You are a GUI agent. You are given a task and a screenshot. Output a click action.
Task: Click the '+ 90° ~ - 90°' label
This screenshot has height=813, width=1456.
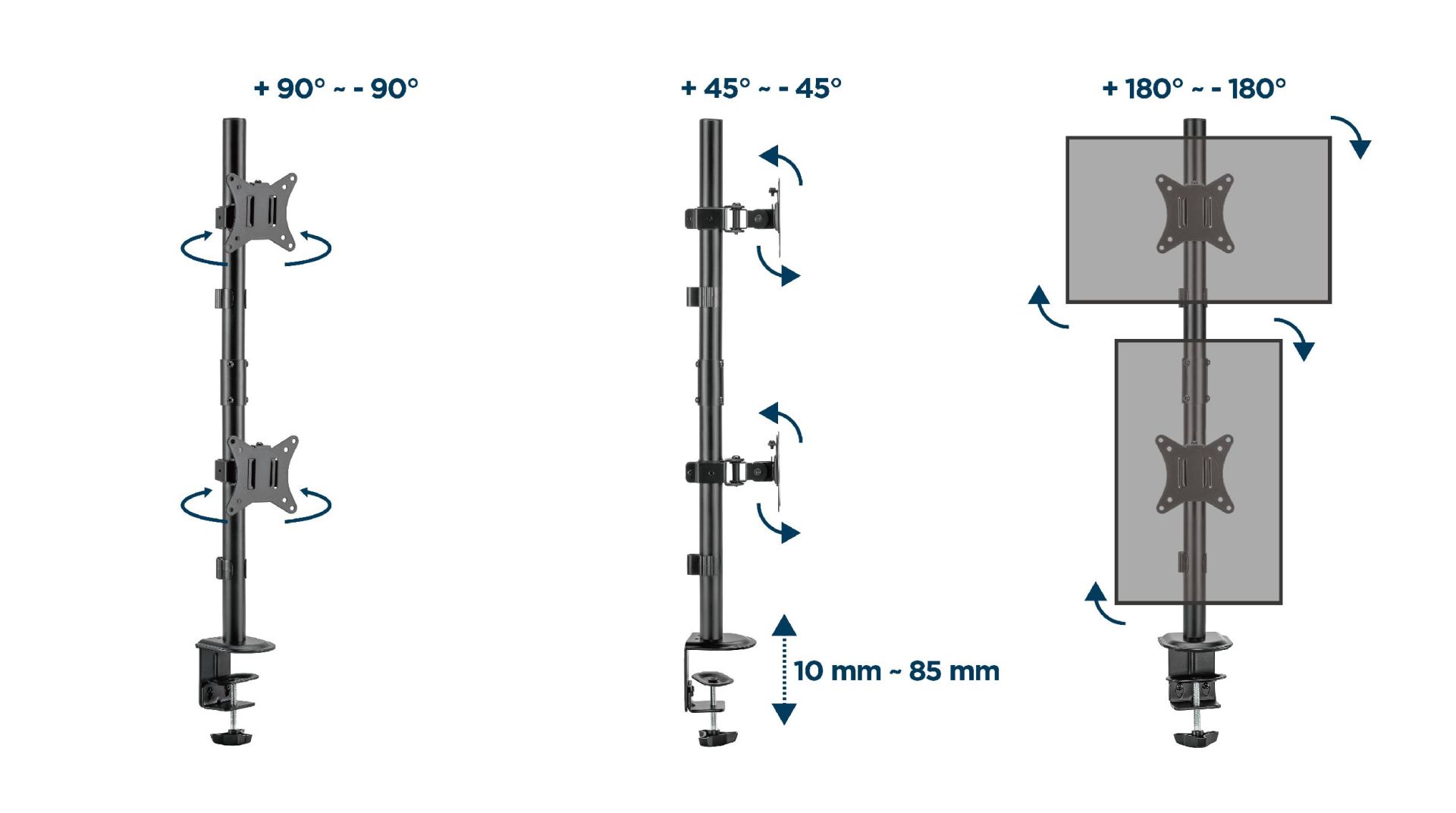coord(335,89)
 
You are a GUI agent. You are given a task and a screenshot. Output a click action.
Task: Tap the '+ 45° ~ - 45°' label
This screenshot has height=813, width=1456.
coord(761,89)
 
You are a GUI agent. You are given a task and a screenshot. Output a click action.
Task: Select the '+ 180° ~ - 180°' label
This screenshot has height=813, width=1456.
coord(1194,89)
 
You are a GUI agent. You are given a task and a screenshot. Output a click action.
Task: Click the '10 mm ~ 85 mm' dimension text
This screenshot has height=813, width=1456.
coord(896,671)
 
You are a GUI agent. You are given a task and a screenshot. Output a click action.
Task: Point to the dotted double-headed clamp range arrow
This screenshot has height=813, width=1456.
coord(784,670)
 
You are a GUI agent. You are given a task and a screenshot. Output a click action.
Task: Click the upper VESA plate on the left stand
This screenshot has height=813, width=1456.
coord(261,212)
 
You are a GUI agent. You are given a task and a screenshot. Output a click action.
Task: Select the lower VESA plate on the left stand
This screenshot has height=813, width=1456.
coord(262,475)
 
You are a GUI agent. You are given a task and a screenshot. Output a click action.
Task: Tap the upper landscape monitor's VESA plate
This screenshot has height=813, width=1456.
coord(1194,213)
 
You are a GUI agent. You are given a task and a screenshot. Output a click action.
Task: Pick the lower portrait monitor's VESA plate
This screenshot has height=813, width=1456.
coord(1194,475)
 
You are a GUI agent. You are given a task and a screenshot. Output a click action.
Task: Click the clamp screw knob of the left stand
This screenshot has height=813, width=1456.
coord(231,736)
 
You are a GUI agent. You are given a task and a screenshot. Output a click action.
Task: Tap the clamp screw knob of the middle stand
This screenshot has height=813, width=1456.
coord(717,737)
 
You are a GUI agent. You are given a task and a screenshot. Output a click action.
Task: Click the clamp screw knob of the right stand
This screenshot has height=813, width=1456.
coord(1195,737)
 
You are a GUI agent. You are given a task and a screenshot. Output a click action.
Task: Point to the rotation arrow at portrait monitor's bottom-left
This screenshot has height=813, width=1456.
coord(1102,604)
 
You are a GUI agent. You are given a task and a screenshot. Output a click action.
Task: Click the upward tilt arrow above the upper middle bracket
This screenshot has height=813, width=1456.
coord(782,164)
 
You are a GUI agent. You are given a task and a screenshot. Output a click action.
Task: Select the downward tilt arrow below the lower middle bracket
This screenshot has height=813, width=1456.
coord(777,523)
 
